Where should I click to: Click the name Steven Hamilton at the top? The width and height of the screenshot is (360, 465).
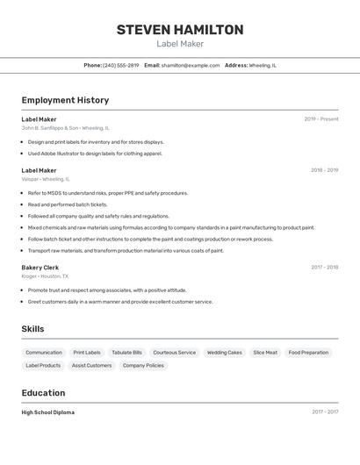point(180,30)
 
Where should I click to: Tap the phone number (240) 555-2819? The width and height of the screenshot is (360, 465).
point(121,65)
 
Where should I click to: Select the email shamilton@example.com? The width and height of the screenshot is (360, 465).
point(191,65)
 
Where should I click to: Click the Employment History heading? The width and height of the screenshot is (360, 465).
point(65,100)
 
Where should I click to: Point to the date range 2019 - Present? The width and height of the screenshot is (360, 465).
point(321,119)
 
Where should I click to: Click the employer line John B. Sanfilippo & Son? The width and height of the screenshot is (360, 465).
point(66,128)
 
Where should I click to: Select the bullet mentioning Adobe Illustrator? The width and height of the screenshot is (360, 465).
point(95,154)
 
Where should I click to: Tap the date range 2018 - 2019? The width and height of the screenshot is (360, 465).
point(324,170)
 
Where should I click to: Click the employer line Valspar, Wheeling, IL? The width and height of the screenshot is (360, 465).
point(46,179)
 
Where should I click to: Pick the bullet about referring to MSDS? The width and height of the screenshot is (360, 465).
point(107,193)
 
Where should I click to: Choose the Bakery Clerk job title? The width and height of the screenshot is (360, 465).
point(40,268)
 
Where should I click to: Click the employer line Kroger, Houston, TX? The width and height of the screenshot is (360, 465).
point(45,276)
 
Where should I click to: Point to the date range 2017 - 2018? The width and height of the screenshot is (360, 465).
point(324,268)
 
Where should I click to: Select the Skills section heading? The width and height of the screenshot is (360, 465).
point(33,329)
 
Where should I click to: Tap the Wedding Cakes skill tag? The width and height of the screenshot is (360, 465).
point(224,353)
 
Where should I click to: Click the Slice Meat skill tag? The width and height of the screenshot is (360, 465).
point(265,353)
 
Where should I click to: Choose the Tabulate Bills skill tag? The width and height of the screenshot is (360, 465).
point(126,353)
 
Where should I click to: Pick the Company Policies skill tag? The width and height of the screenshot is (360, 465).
point(143,366)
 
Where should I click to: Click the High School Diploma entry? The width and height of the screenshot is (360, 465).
point(48,412)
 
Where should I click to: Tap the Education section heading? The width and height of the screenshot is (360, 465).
point(43,393)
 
